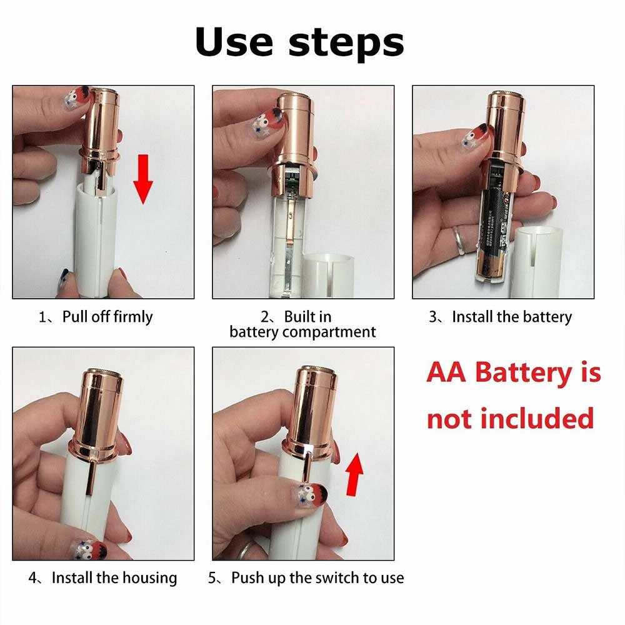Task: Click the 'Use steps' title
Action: (x=300, y=43)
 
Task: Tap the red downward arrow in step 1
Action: (x=142, y=179)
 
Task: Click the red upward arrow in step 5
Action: (x=354, y=474)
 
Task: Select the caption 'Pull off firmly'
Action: (x=107, y=317)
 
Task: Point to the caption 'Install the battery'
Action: (x=512, y=317)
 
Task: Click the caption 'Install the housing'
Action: (x=114, y=577)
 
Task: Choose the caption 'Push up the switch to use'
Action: (x=317, y=577)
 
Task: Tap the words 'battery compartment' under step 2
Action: (x=302, y=332)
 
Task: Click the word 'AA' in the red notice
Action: (x=446, y=372)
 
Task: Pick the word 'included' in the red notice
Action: (x=537, y=419)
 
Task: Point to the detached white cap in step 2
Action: (x=327, y=275)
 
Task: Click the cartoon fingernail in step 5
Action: (x=312, y=496)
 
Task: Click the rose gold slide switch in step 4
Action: (x=91, y=477)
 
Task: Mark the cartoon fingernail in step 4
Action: (x=87, y=550)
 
